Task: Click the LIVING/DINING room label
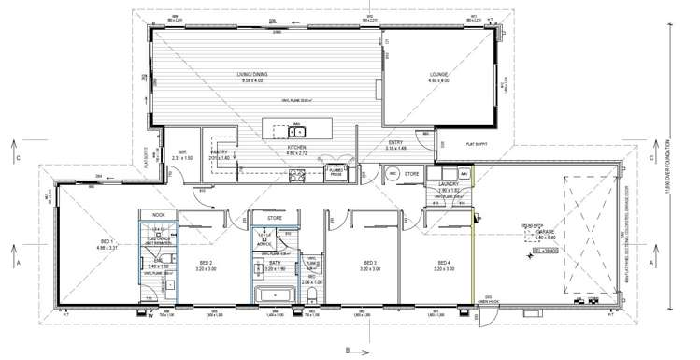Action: pos(253,76)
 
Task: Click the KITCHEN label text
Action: pos(297,147)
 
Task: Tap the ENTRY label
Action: pos(396,143)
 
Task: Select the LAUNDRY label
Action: pos(450,185)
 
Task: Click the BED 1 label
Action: pos(106,243)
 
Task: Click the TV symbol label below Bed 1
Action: pos(150,314)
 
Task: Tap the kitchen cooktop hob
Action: pos(297,173)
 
